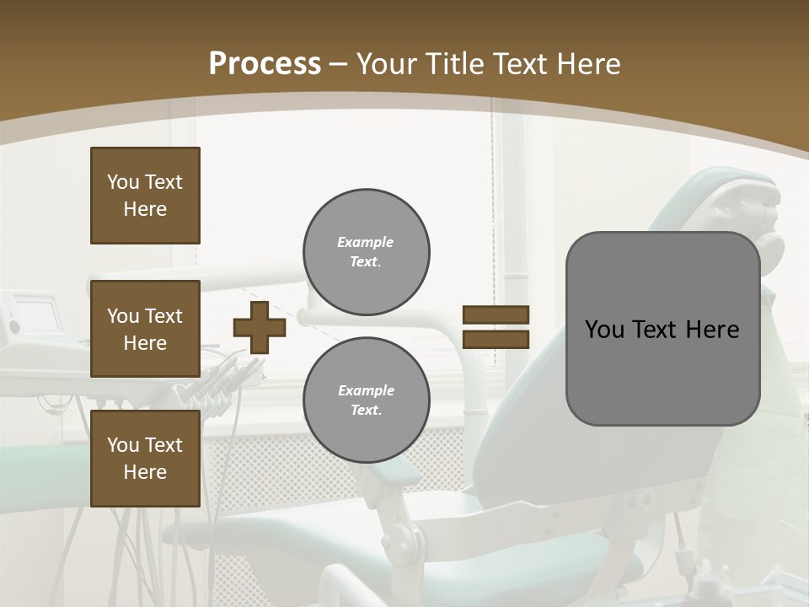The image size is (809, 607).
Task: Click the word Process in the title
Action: click(x=265, y=64)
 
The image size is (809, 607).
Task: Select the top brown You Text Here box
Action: click(x=145, y=196)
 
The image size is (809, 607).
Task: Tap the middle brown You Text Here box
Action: click(x=145, y=329)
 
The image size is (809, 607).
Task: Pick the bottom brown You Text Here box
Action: click(x=145, y=459)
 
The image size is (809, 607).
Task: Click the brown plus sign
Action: click(x=260, y=327)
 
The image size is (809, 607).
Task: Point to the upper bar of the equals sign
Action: click(x=496, y=314)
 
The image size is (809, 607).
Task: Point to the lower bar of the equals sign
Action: click(x=496, y=339)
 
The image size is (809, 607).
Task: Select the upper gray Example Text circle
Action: click(x=367, y=252)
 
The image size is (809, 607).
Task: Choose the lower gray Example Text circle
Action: click(x=367, y=400)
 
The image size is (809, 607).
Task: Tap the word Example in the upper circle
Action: click(x=365, y=242)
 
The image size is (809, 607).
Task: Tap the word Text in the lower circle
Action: click(x=365, y=411)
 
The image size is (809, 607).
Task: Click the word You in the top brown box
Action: click(x=121, y=182)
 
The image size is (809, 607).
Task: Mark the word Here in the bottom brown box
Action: click(x=145, y=472)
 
